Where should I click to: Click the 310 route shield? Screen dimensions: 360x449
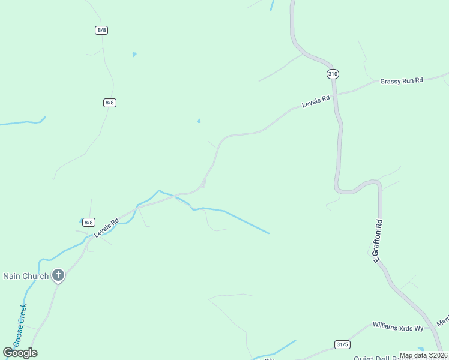[333, 74]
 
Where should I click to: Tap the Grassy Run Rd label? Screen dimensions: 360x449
[402, 80]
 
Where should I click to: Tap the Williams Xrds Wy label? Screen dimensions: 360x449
[398, 328]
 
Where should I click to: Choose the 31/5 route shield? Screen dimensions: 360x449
[342, 344]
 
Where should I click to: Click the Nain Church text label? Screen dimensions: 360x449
[26, 276]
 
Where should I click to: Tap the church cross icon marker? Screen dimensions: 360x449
[58, 275]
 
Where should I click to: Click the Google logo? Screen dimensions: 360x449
[20, 353]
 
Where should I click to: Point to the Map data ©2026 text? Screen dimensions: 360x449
[423, 355]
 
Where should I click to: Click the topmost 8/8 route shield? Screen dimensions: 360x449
[101, 30]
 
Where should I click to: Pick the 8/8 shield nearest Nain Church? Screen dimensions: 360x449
[89, 222]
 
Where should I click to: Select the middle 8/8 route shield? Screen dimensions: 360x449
[109, 103]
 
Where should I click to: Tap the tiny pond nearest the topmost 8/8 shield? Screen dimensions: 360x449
[134, 55]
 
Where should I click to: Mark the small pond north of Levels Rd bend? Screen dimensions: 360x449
[199, 121]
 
